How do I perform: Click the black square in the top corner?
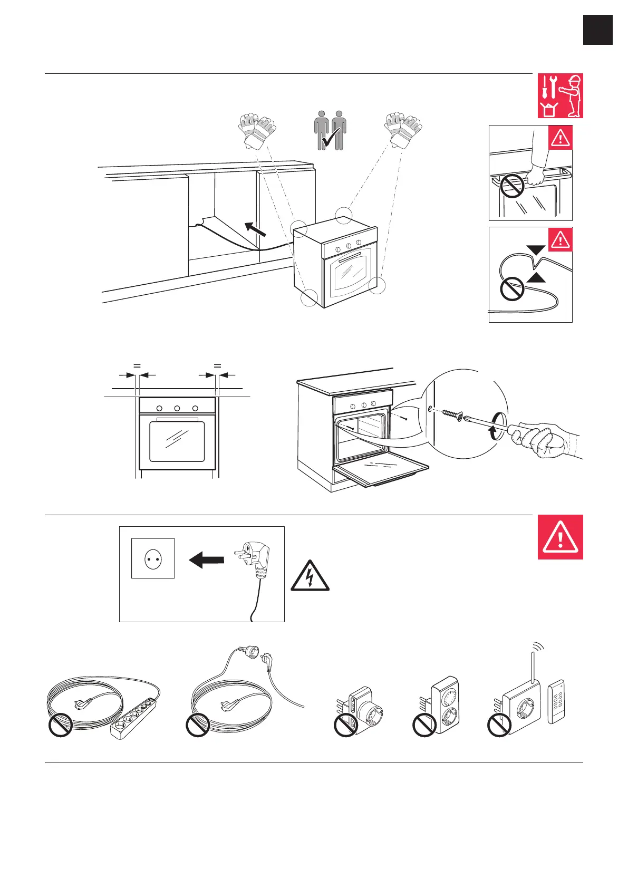pyautogui.click(x=598, y=30)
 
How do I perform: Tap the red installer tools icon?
pyautogui.click(x=560, y=95)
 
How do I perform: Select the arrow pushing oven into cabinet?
pyautogui.click(x=255, y=230)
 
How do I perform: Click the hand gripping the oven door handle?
pyautogui.click(x=536, y=174)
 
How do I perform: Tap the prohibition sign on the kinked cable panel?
pyautogui.click(x=511, y=288)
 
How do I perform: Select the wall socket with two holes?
pyautogui.click(x=153, y=558)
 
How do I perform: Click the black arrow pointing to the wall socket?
pyautogui.click(x=206, y=559)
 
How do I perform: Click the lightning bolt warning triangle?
pyautogui.click(x=310, y=576)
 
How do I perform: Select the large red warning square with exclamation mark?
pyautogui.click(x=560, y=537)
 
